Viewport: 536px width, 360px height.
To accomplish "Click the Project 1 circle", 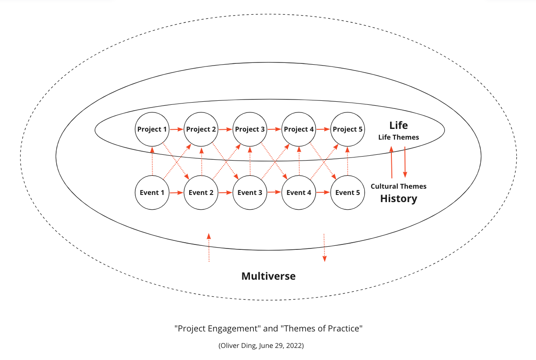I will coord(152,129).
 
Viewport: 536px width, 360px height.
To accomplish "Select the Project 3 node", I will coord(250,129).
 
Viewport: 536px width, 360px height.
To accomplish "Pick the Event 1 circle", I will coord(152,193).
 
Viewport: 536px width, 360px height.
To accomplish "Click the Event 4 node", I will coord(299,193).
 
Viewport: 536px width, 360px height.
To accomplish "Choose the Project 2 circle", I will coord(201,129).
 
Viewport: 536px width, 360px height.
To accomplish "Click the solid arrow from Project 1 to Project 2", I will coord(177,129).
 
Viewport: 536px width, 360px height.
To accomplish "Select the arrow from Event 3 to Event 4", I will coord(274,193).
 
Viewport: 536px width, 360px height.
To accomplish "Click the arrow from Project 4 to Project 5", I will coord(323,129).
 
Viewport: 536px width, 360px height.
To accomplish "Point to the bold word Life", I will coord(398,125).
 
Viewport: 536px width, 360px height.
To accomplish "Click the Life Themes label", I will coord(399,137).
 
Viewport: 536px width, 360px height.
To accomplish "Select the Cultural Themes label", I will coord(399,186).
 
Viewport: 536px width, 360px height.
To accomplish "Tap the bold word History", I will coord(399,199).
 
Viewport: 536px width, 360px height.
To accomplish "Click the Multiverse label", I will coord(268,276).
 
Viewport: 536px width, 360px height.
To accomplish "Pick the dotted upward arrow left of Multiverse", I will coord(208,248).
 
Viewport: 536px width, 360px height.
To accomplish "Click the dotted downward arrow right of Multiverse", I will coord(324,248).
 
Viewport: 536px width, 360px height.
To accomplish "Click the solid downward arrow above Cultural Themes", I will coord(405,161).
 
